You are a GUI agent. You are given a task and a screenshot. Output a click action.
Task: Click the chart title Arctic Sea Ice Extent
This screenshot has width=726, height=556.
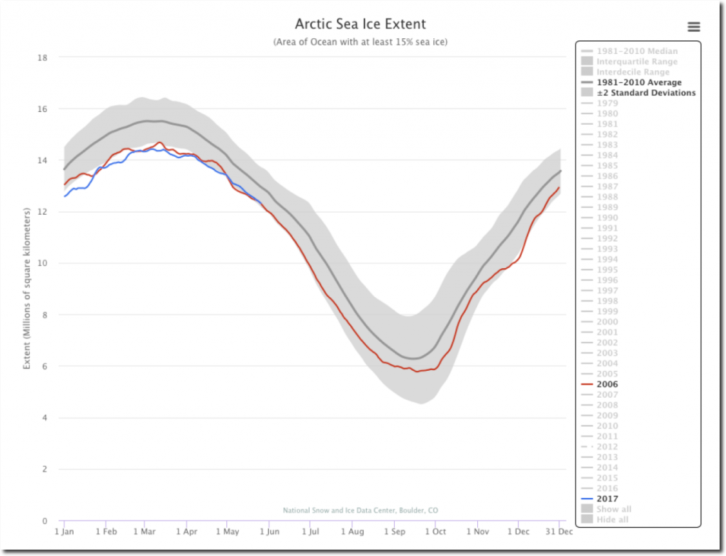click(x=361, y=25)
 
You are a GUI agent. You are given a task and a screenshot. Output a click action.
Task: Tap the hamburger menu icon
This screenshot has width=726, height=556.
click(x=694, y=27)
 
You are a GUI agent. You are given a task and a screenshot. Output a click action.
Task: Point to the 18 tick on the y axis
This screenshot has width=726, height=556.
click(x=42, y=57)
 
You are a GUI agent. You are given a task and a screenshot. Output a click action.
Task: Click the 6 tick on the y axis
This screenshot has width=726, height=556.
click(x=44, y=366)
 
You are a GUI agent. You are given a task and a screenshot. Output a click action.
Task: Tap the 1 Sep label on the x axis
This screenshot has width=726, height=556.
click(x=394, y=531)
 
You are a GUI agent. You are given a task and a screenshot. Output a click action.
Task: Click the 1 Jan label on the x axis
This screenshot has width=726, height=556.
click(x=65, y=531)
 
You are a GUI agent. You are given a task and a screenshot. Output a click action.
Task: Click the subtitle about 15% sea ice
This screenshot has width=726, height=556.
click(x=360, y=42)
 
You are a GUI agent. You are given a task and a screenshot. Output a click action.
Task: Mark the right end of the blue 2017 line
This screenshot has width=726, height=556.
click(x=262, y=204)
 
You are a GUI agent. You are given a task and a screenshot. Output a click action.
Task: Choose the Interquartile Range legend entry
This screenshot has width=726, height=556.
click(x=637, y=62)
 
